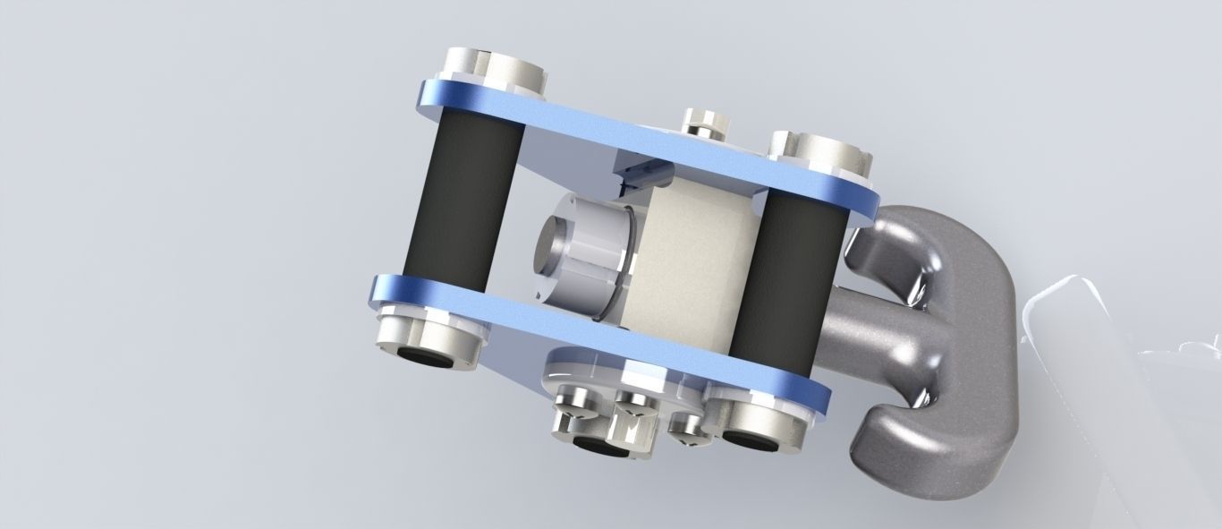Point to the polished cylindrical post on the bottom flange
click(x=632, y=430)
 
